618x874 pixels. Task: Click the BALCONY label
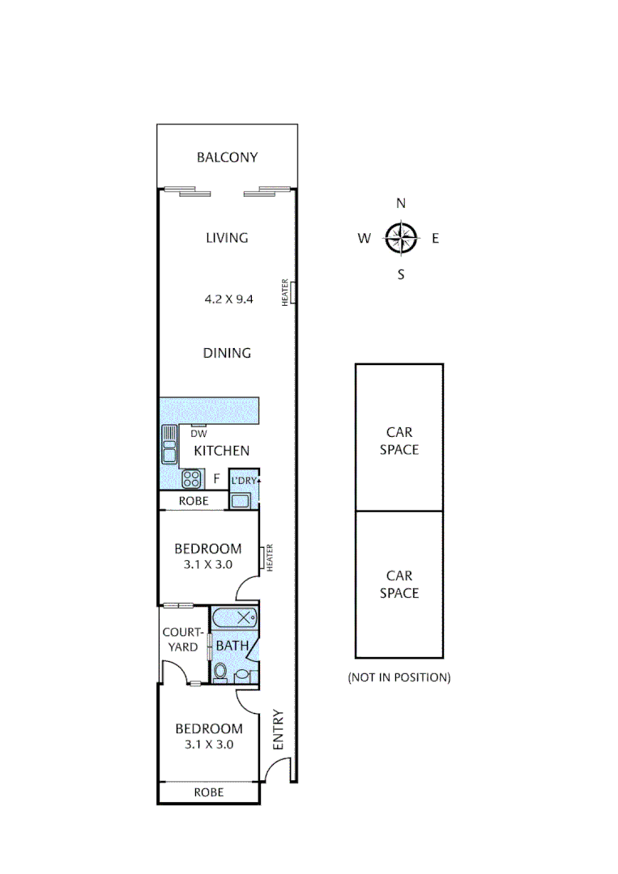(x=227, y=157)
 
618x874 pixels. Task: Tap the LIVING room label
(x=227, y=238)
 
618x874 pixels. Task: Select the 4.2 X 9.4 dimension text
(x=228, y=299)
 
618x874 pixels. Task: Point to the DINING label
(x=227, y=353)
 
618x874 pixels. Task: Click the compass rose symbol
(x=400, y=238)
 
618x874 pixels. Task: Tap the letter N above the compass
(x=400, y=203)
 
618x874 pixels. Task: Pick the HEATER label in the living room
(x=285, y=292)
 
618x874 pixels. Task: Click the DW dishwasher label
(x=198, y=434)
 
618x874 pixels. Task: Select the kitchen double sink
(x=169, y=443)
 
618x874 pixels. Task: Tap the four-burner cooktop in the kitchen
(x=191, y=478)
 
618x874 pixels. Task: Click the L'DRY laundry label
(x=244, y=481)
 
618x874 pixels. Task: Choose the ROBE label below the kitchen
(x=194, y=501)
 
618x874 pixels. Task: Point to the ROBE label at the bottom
(x=209, y=793)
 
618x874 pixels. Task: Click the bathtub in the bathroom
(x=236, y=619)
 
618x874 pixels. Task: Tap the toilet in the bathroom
(x=220, y=672)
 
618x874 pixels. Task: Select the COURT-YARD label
(x=180, y=639)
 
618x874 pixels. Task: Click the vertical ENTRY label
(x=279, y=729)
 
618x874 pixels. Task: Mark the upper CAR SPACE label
(x=399, y=441)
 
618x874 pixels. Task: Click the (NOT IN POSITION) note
(x=399, y=677)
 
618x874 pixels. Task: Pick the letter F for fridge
(x=216, y=478)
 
